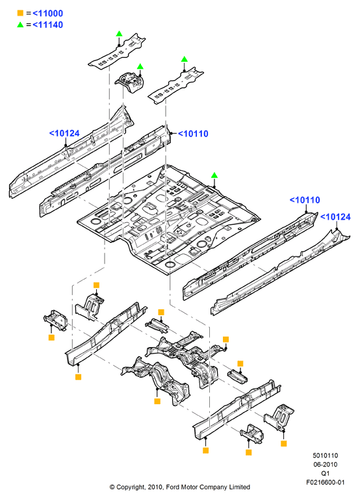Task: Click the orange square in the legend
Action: coord(20,13)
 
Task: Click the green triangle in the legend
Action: coord(20,24)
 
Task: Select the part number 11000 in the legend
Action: coord(47,14)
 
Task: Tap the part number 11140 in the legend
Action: coord(47,25)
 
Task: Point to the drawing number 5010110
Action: coord(325,456)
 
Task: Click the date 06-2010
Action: coord(325,464)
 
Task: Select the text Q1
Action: coord(325,473)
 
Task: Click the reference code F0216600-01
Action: coord(325,482)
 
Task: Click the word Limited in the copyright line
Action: coord(239,487)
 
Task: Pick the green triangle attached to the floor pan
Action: coord(214,175)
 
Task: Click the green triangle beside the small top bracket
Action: coord(140,66)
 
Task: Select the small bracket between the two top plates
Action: coord(130,81)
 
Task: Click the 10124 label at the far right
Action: coord(335,217)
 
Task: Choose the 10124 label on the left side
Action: coord(64,133)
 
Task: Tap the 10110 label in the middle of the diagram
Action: coord(193,134)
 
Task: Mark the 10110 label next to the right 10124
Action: coord(304,200)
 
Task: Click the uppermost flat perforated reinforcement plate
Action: coord(117,51)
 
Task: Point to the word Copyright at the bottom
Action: coord(131,487)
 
